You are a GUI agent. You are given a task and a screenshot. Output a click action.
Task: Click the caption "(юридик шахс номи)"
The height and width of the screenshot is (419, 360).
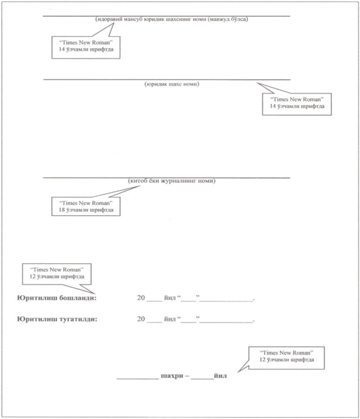pyautogui.click(x=172, y=84)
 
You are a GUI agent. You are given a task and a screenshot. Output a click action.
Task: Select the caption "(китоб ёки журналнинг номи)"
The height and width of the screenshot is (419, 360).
pyautogui.click(x=172, y=181)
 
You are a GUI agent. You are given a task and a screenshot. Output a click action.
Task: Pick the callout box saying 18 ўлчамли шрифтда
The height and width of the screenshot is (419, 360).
pyautogui.click(x=86, y=206)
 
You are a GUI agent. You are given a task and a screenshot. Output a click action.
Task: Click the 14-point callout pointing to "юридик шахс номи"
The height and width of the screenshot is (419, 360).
pyautogui.click(x=297, y=103)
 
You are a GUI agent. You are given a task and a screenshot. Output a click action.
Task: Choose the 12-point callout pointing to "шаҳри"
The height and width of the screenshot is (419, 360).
pyautogui.click(x=286, y=356)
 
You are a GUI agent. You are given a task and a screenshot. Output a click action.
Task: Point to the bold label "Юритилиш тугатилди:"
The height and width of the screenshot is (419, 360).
pyautogui.click(x=56, y=320)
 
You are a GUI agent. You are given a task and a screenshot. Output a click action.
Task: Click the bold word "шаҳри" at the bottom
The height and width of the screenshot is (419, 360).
pyautogui.click(x=170, y=377)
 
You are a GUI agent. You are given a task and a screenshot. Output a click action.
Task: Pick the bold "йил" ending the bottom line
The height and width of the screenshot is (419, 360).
pyautogui.click(x=220, y=377)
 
